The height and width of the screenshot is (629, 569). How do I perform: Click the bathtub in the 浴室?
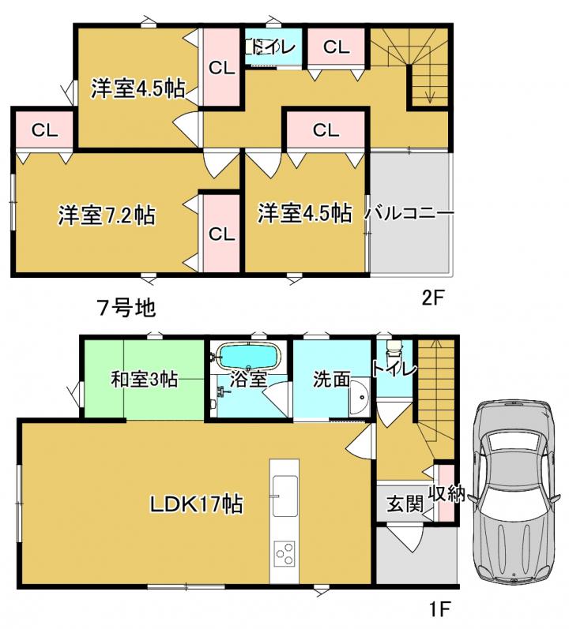[249, 357]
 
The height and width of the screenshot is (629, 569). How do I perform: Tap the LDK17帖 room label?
[196, 504]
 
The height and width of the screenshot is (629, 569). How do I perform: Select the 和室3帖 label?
[144, 379]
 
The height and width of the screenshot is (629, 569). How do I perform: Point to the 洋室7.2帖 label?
[107, 215]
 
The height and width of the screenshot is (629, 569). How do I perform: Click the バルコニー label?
[409, 213]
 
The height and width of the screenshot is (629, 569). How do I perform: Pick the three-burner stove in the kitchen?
[284, 554]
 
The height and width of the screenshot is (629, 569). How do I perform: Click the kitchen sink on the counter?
[284, 496]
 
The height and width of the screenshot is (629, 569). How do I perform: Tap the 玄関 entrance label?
[405, 504]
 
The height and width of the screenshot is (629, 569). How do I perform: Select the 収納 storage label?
[447, 493]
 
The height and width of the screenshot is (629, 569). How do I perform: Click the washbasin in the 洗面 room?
[360, 397]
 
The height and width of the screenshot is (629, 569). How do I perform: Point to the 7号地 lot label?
[126, 308]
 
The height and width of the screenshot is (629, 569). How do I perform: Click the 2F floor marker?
[432, 298]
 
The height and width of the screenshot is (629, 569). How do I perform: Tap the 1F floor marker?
[439, 610]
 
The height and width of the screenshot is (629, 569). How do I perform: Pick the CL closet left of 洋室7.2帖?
[44, 129]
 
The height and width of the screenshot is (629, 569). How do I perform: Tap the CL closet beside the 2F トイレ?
[336, 47]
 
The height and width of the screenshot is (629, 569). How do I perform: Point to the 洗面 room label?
[332, 379]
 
